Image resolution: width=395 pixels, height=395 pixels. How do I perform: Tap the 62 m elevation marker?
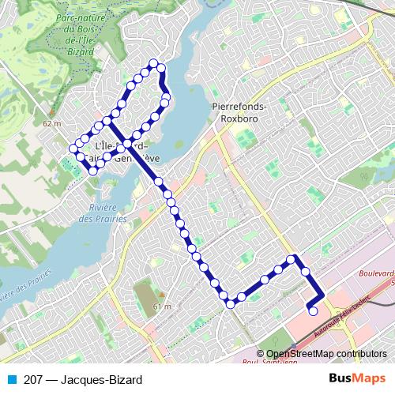[51, 123]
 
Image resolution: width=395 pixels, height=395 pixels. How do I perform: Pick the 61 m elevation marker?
[162, 306]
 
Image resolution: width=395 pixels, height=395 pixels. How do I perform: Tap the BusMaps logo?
[358, 378]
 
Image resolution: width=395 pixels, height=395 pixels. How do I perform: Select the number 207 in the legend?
[33, 378]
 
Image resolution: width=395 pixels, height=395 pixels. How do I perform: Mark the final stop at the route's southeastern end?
[313, 311]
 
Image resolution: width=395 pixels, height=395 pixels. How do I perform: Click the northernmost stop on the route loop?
[154, 64]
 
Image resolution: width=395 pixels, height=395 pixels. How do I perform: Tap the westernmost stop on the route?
[73, 148]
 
